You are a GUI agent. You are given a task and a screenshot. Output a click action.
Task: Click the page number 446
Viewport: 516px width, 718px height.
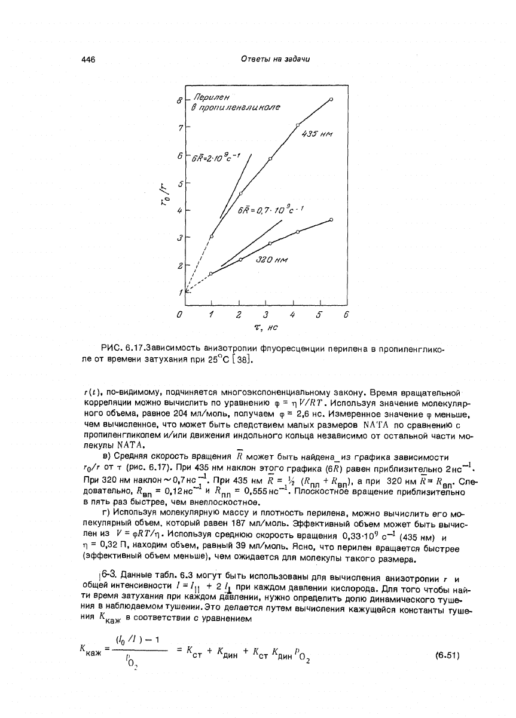point(89,59)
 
